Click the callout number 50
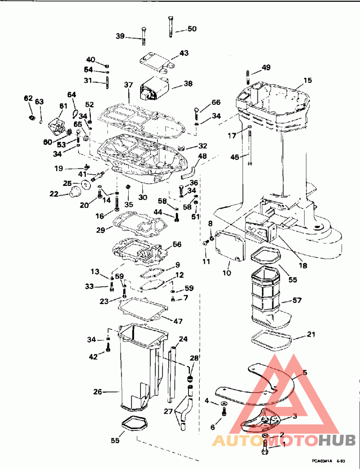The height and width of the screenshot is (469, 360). click(192, 29)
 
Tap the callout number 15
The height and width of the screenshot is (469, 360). click(307, 81)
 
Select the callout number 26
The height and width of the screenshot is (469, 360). click(98, 392)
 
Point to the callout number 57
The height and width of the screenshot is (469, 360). click(297, 300)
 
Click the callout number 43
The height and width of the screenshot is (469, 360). click(184, 53)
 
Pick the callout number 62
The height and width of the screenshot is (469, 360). click(28, 98)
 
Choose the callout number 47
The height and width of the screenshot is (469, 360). click(179, 321)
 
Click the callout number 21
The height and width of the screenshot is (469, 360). click(311, 334)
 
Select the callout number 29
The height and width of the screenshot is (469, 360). click(100, 230)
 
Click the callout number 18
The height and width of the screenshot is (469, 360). click(303, 266)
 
